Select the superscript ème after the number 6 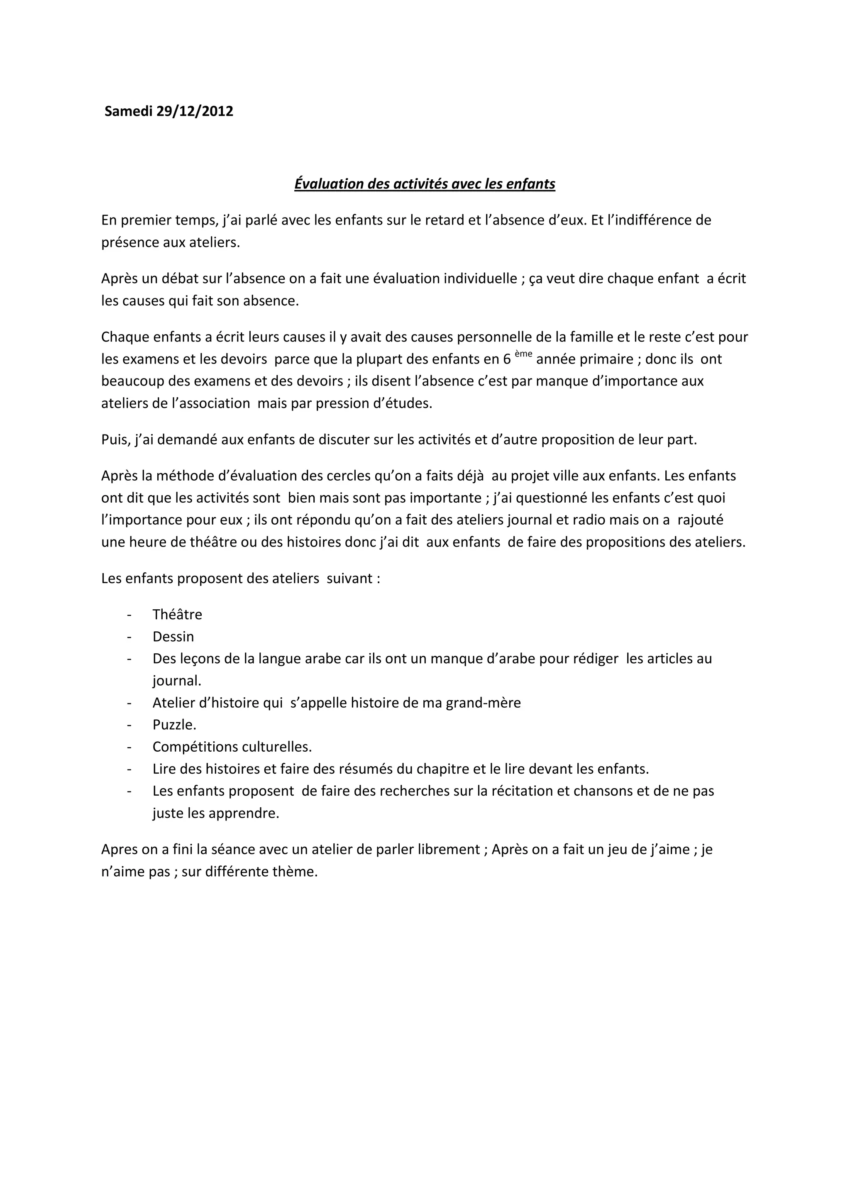pos(523,354)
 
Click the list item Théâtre pos(177,615)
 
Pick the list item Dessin pos(173,637)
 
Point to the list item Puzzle pos(174,725)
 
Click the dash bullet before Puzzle pos(129,725)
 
